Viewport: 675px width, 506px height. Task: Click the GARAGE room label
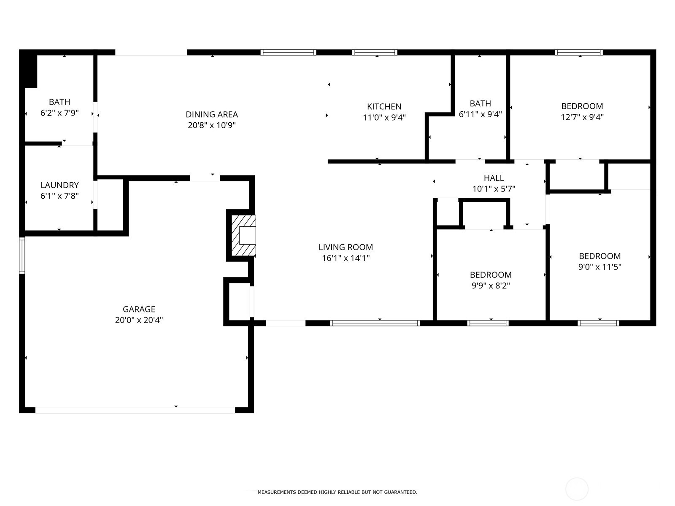click(139, 309)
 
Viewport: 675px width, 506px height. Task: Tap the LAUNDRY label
click(59, 185)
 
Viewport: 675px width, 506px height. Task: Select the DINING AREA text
click(212, 114)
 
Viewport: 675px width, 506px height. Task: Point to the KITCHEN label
click(384, 107)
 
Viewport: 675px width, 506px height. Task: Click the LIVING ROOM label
click(346, 247)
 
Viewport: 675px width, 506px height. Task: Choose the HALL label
click(494, 178)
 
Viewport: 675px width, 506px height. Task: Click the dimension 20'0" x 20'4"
click(139, 320)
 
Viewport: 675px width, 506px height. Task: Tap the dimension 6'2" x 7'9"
click(59, 113)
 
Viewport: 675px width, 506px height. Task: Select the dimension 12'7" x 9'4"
click(582, 117)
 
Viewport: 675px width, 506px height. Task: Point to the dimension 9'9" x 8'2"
click(491, 286)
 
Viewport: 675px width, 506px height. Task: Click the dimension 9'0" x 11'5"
click(599, 266)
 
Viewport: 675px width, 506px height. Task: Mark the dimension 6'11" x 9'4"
click(481, 114)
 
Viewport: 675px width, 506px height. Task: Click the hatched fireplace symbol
click(243, 235)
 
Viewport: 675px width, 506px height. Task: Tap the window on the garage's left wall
click(22, 255)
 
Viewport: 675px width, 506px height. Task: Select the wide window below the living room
click(375, 323)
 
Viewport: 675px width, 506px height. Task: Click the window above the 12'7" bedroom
click(579, 52)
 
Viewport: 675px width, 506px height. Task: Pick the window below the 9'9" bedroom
click(488, 323)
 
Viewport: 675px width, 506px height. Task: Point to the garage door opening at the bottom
click(135, 410)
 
